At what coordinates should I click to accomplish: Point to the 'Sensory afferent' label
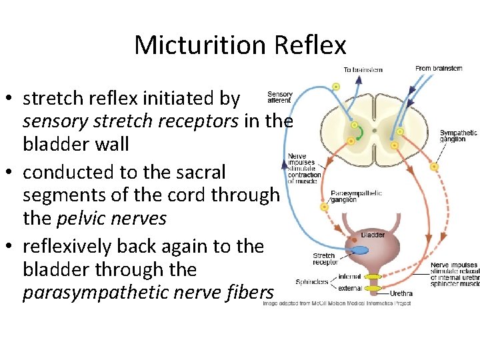279,97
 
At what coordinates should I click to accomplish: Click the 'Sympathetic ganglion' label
458,137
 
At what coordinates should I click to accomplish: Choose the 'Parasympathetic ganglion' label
357,197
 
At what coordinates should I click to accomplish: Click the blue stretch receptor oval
359,250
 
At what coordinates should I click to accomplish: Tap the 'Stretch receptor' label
325,258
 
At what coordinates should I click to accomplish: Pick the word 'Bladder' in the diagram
373,235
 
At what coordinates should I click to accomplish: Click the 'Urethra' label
401,293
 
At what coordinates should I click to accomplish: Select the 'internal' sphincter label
349,276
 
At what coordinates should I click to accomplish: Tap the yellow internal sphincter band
372,276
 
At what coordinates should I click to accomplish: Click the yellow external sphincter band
372,288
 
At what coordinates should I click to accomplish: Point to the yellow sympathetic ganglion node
435,167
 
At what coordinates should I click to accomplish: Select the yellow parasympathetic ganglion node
325,207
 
